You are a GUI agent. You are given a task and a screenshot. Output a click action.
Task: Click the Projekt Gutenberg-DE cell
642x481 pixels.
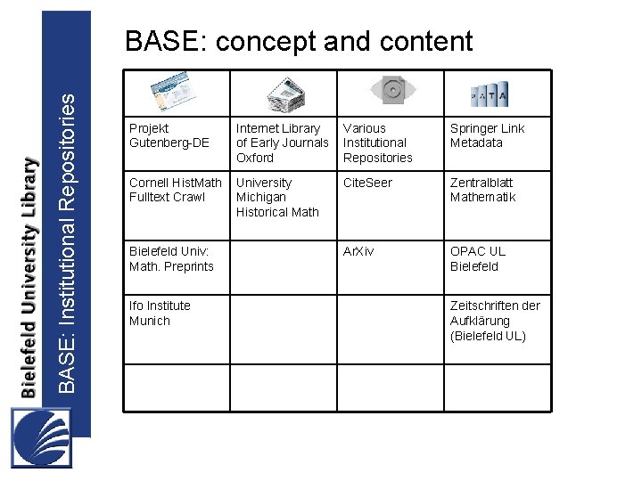point(169,135)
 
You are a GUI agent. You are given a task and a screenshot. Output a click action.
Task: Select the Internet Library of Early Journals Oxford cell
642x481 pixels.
point(282,143)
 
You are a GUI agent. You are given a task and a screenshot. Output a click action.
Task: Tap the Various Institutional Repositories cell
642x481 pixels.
point(378,143)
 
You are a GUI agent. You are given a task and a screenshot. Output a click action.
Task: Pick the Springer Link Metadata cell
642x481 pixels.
point(487,135)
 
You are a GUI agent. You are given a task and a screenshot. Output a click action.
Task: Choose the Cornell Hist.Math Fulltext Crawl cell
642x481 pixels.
point(176,190)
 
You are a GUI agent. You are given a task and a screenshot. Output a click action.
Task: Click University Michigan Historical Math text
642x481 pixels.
point(277,197)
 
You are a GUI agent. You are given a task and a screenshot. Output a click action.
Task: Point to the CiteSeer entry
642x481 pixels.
point(366,183)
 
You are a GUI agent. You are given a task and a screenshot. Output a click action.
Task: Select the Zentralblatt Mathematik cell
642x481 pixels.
point(482,190)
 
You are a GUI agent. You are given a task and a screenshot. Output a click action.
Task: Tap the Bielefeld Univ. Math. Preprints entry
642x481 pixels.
point(171,259)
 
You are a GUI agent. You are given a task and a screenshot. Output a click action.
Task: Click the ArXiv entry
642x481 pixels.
point(358,251)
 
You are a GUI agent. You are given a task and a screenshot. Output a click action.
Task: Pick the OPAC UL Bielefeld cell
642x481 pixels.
point(477,259)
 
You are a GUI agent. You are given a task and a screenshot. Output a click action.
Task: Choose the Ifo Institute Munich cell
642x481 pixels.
point(160,314)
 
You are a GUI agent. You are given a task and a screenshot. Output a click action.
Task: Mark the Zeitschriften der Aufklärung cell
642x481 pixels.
point(495,321)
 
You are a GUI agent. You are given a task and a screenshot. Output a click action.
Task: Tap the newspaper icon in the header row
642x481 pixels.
point(286,93)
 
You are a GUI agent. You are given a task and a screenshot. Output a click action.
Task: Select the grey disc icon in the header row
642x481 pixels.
point(391,90)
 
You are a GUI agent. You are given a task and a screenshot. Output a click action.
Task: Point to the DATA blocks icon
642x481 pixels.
point(490,93)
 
